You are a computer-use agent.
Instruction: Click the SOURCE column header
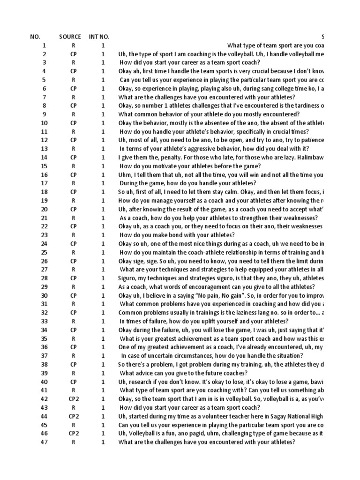[70, 37]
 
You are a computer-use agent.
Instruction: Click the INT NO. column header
[99, 37]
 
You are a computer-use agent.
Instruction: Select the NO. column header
[35, 37]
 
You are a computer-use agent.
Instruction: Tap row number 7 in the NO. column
[45, 97]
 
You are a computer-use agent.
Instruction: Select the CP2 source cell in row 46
[74, 434]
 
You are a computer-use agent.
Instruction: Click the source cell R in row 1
[74, 45]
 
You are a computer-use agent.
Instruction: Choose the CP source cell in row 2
[74, 54]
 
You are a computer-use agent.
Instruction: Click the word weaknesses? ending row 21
[301, 218]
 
